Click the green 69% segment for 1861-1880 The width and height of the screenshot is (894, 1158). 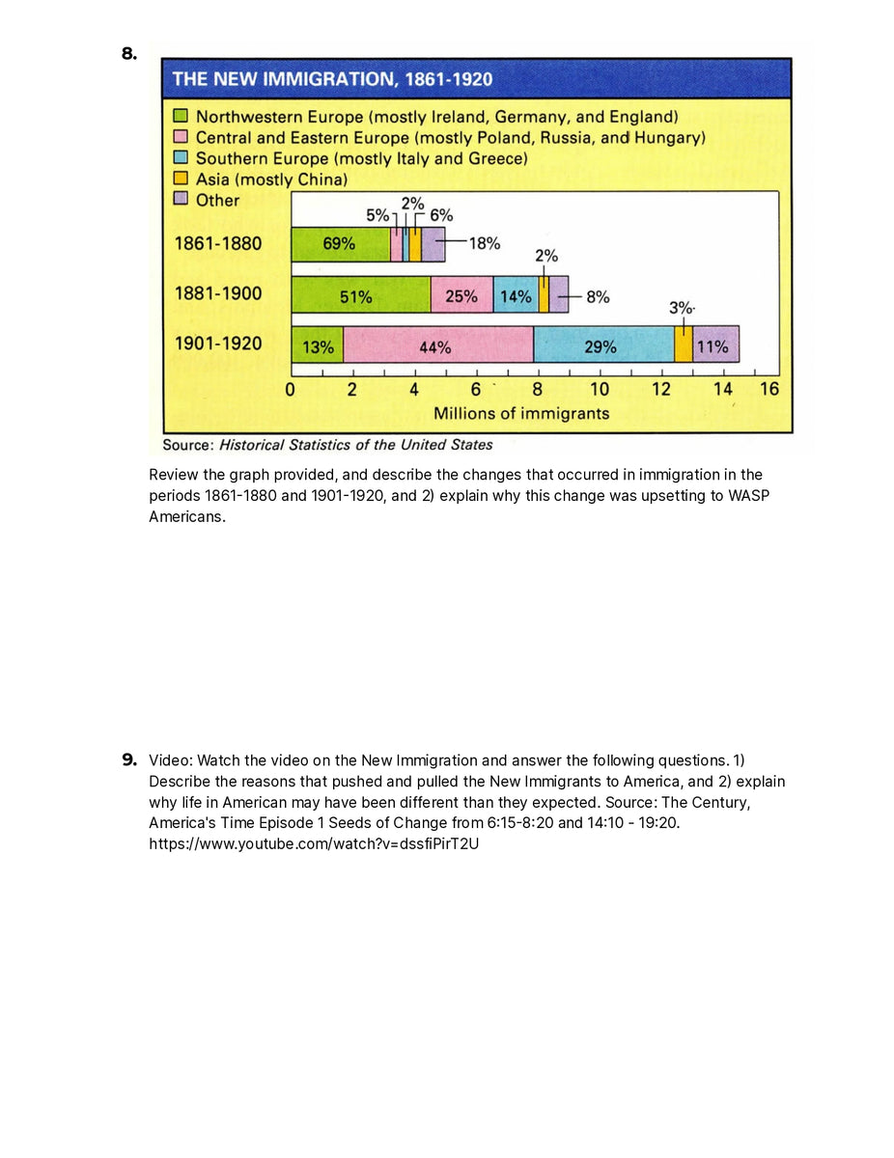click(340, 244)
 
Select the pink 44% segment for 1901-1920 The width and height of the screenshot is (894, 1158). click(437, 346)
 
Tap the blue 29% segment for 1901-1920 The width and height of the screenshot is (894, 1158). click(602, 346)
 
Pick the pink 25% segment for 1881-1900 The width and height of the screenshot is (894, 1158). click(461, 296)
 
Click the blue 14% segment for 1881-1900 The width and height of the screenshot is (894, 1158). click(515, 296)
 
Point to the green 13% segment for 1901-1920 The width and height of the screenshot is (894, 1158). click(317, 346)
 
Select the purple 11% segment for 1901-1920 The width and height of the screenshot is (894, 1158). click(714, 346)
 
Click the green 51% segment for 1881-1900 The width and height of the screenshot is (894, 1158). click(359, 296)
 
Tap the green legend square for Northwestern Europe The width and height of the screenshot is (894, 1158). click(180, 117)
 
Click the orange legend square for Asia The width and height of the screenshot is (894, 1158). click(180, 179)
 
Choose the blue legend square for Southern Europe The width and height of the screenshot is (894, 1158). click(180, 158)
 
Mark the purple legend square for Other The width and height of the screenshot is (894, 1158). click(180, 200)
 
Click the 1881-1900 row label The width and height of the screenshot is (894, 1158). click(217, 293)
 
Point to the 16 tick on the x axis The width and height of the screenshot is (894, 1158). click(769, 389)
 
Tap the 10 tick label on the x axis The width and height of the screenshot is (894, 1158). click(600, 389)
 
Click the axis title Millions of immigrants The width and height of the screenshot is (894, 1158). click(521, 413)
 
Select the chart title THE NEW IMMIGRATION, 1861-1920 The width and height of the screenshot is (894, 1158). click(332, 79)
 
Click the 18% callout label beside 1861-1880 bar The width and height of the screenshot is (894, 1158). click(484, 243)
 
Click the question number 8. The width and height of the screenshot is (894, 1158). click(129, 54)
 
